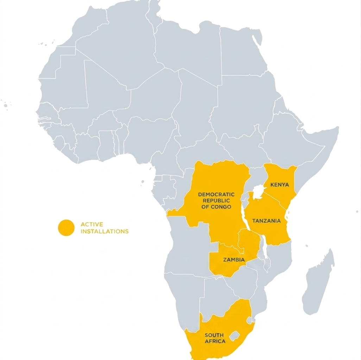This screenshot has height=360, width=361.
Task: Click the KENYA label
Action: click(x=279, y=185)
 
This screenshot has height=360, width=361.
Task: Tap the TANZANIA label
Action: click(x=266, y=221)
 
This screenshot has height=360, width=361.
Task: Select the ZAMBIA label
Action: click(x=234, y=260)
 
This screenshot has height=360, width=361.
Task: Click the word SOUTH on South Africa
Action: click(x=214, y=335)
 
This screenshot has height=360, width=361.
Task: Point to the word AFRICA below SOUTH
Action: click(x=215, y=341)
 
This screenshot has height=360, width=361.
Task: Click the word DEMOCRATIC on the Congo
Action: click(x=216, y=194)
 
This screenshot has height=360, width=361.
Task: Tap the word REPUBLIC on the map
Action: click(x=216, y=200)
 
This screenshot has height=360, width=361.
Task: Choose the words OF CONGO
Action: click(x=216, y=207)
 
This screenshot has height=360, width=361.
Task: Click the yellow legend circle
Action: click(x=66, y=228)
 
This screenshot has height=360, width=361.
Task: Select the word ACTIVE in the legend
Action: click(x=91, y=224)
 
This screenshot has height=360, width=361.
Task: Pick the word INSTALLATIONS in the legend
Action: click(x=104, y=231)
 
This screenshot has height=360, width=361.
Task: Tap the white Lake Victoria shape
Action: click(x=259, y=192)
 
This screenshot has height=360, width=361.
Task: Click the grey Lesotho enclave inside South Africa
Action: click(x=234, y=336)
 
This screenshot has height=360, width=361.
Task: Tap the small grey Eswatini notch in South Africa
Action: click(x=249, y=320)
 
